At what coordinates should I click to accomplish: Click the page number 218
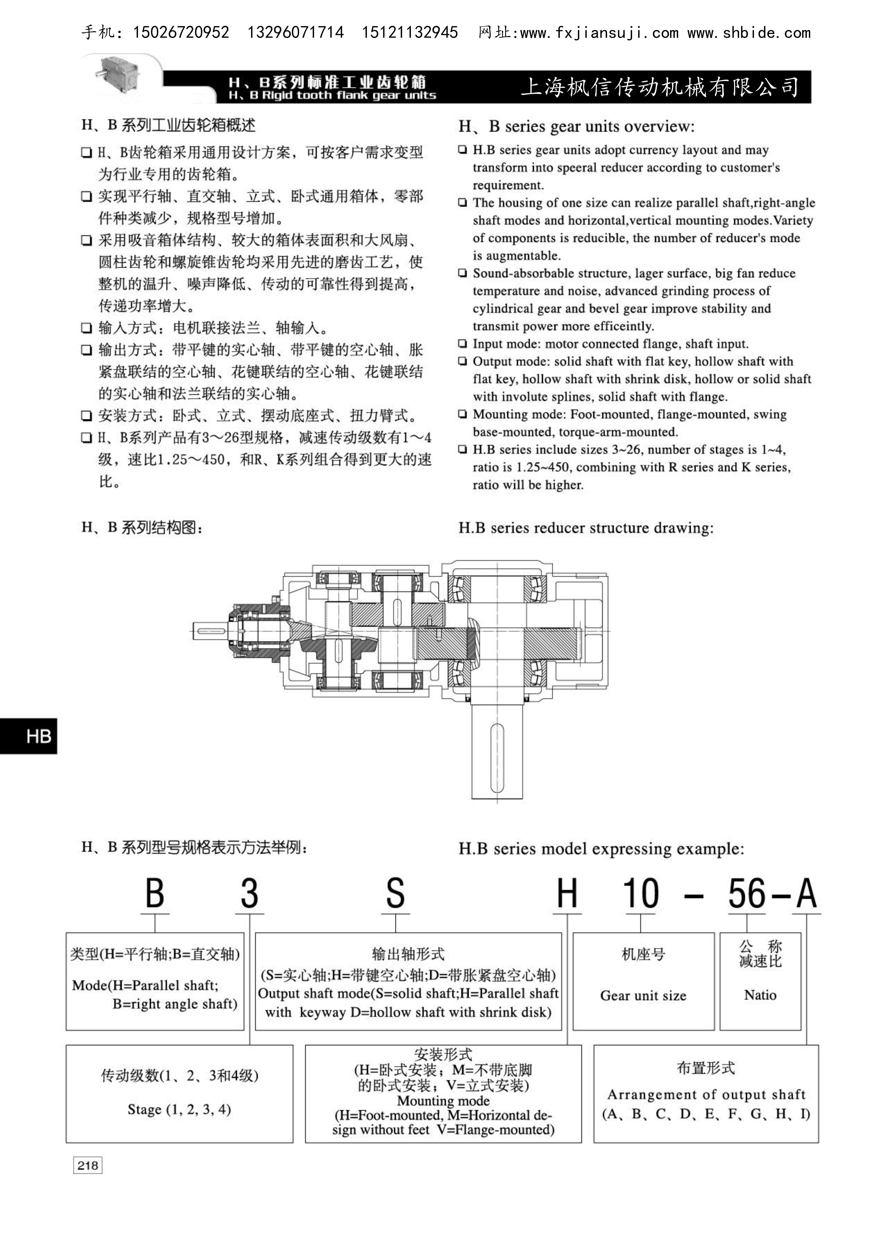[88, 1166]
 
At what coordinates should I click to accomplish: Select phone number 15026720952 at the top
[181, 33]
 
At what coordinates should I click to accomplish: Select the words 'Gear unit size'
[643, 995]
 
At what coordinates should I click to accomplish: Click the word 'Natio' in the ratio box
[760, 995]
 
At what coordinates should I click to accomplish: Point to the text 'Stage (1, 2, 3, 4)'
[179, 1110]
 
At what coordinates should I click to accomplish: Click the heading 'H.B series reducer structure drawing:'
[586, 528]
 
